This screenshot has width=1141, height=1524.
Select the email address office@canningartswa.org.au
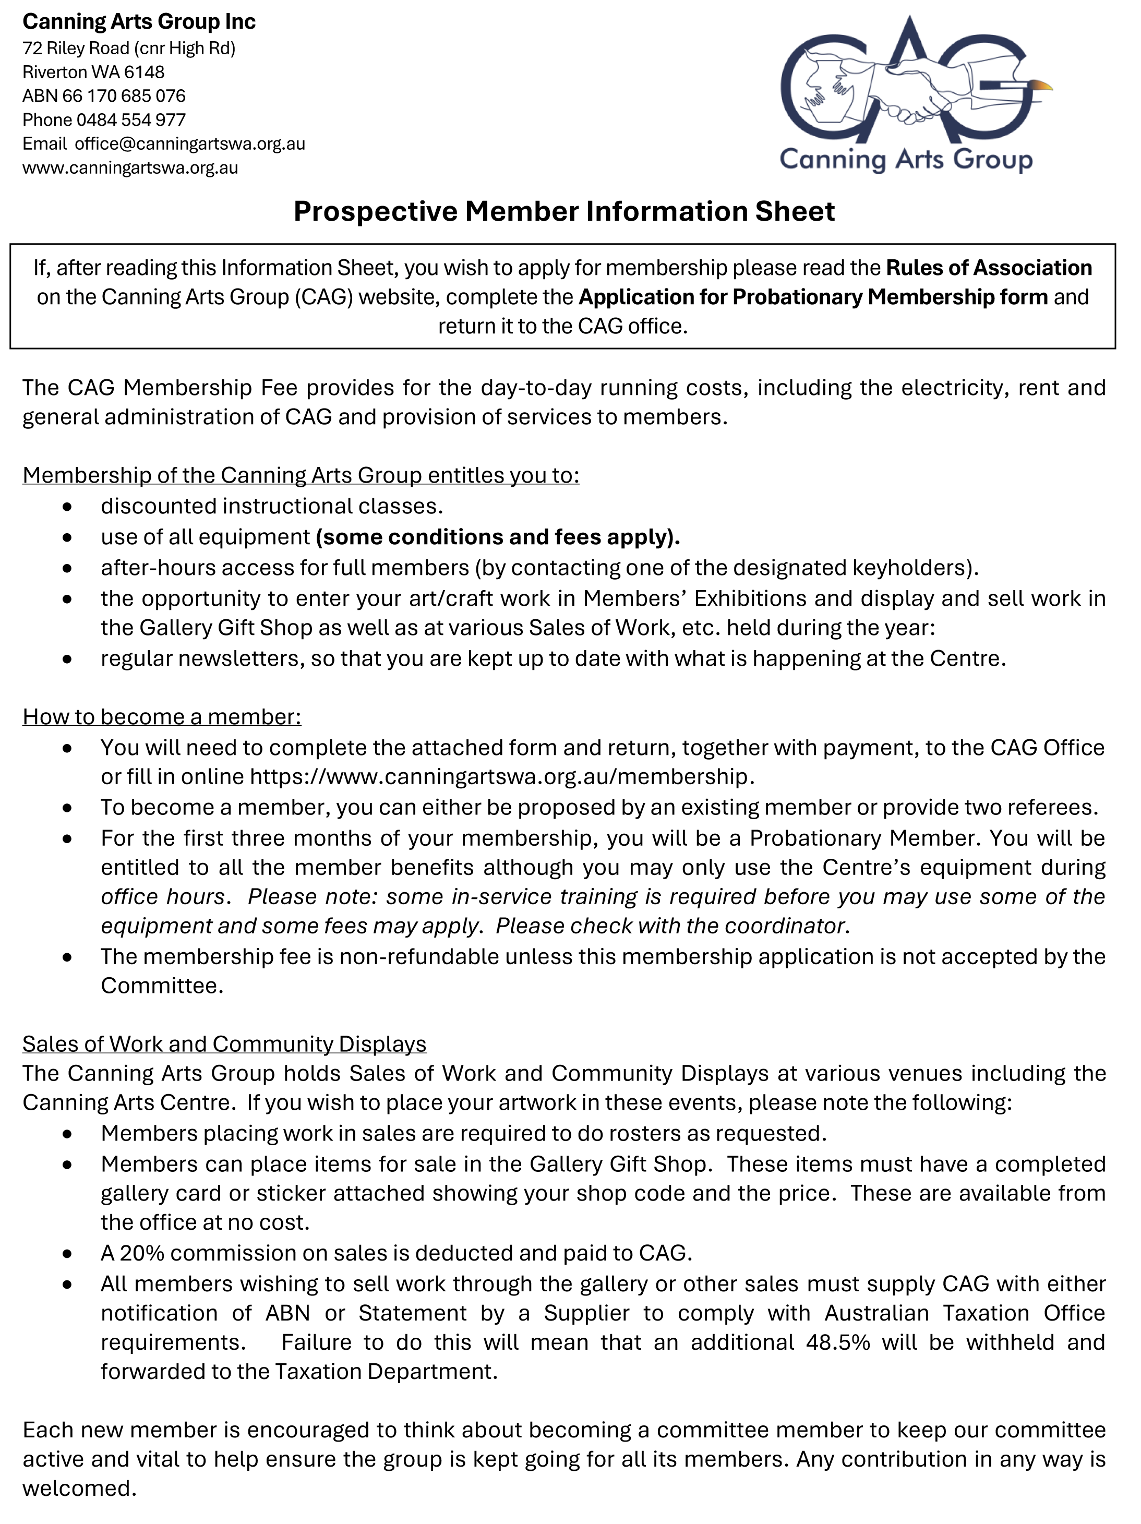point(189,144)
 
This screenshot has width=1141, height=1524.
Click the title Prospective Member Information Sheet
point(563,211)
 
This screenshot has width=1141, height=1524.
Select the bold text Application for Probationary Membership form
point(812,297)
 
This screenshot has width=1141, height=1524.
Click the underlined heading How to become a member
point(161,717)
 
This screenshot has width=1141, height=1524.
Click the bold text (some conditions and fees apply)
point(498,537)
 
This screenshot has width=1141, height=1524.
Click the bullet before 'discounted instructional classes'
point(67,507)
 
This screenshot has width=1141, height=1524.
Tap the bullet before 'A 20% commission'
point(67,1254)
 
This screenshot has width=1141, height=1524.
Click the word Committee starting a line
point(161,986)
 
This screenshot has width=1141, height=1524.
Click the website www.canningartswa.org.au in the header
point(130,168)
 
